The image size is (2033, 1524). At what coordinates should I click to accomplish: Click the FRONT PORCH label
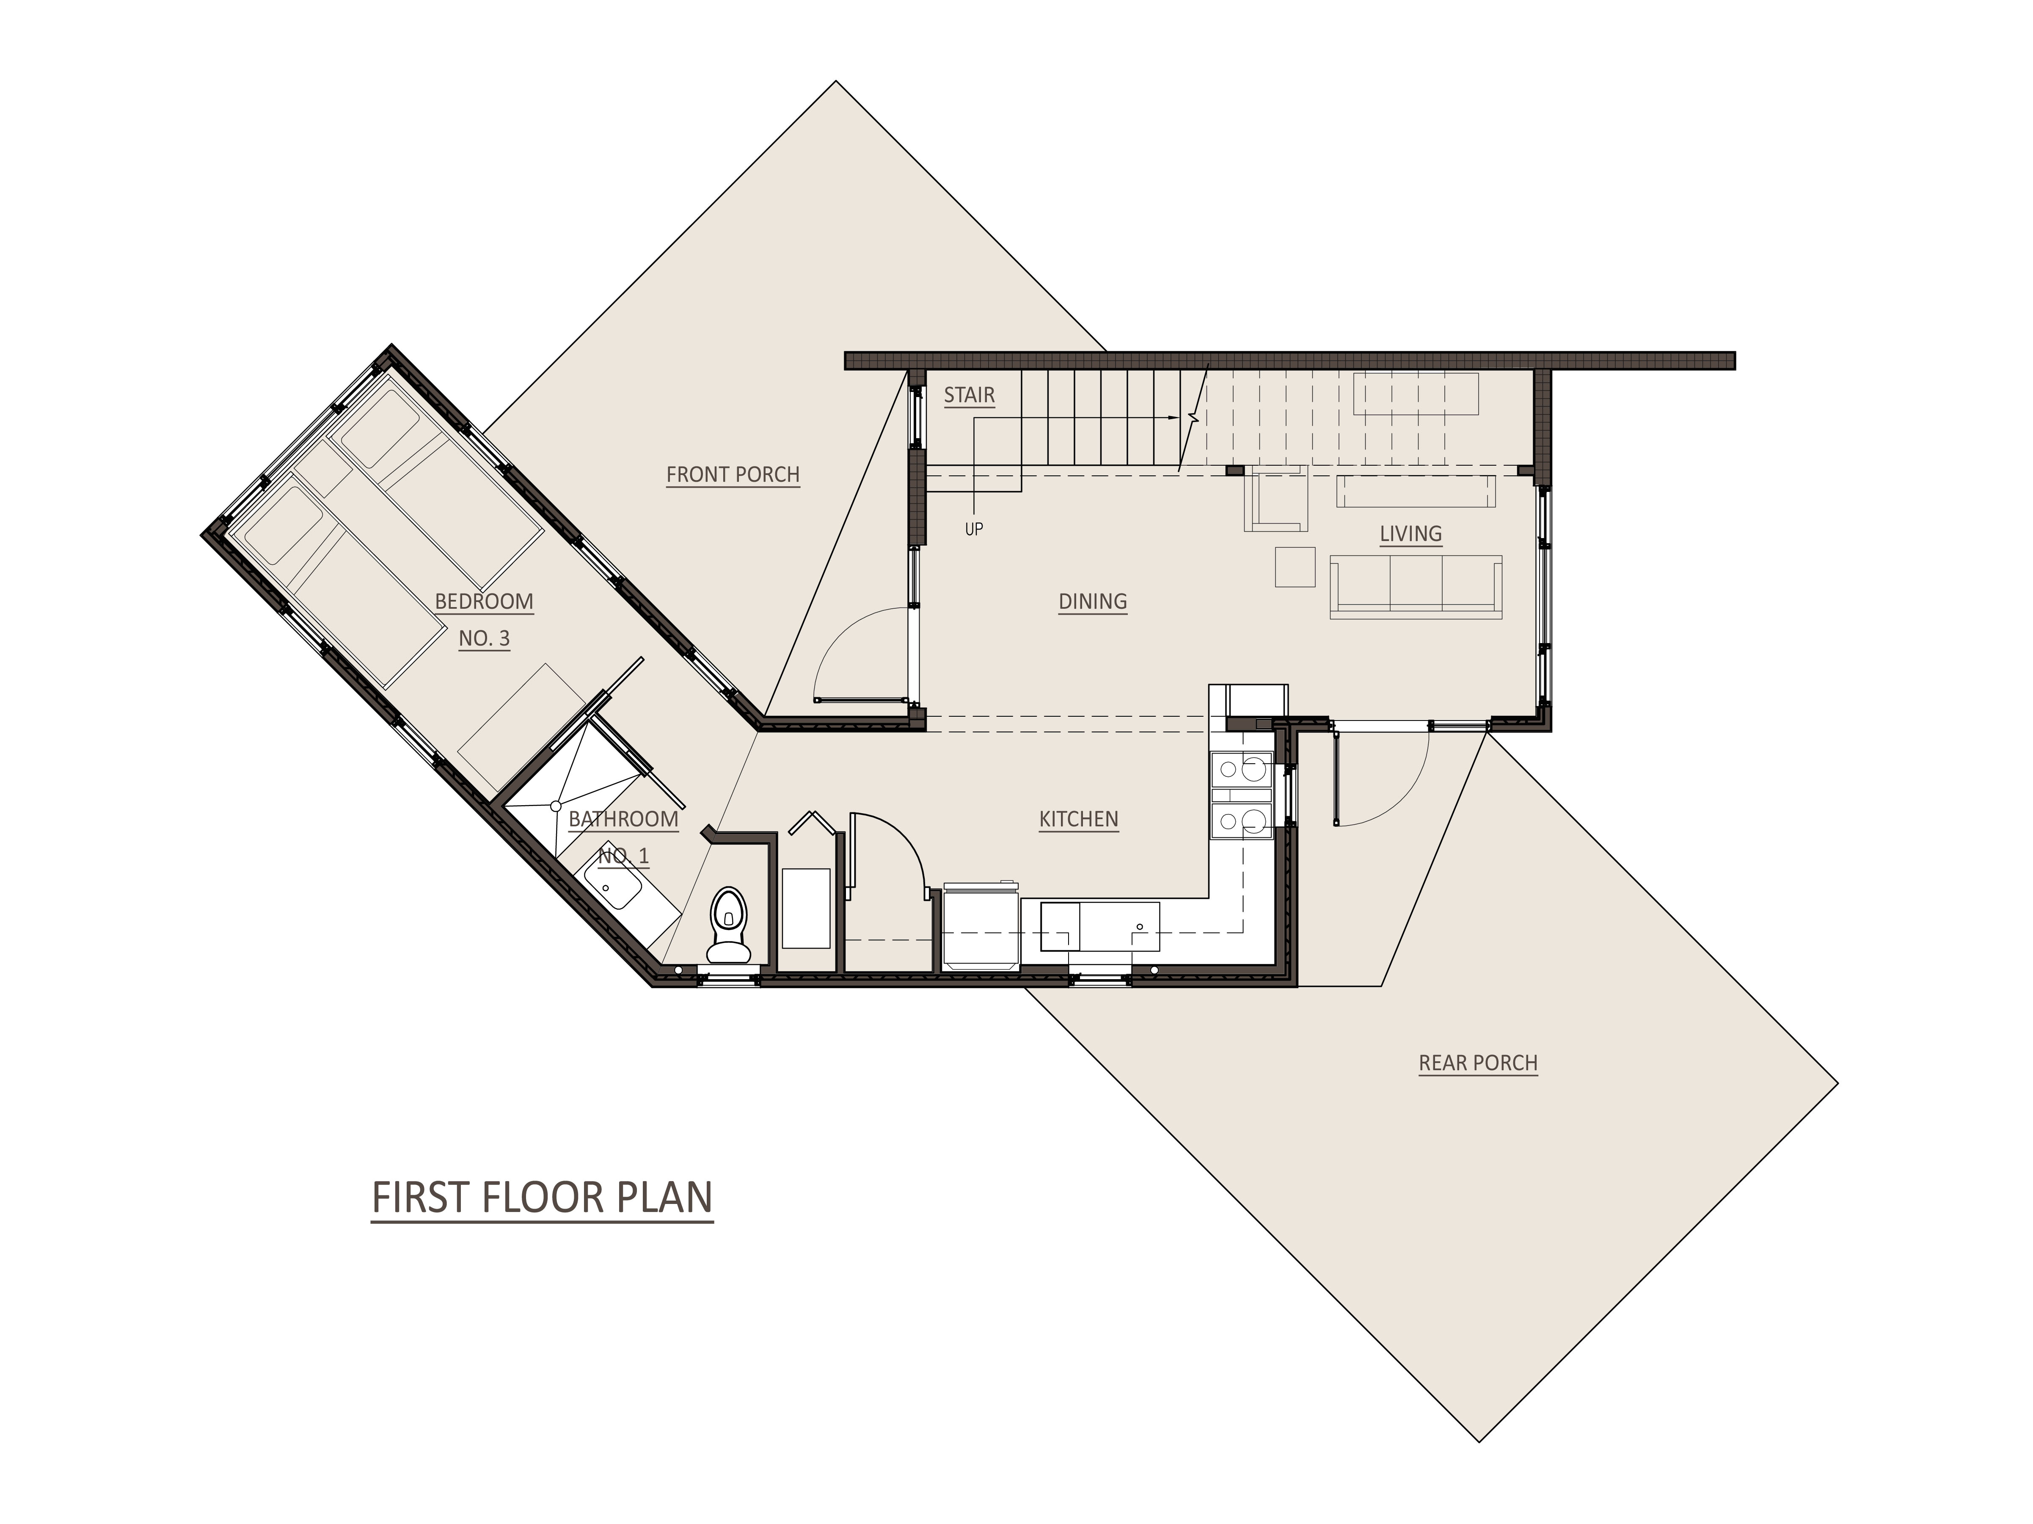[x=733, y=474]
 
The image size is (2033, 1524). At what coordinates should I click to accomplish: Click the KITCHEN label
[x=1078, y=819]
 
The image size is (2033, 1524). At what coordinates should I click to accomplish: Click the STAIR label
[x=969, y=395]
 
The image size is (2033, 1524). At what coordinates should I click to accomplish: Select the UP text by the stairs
[x=973, y=530]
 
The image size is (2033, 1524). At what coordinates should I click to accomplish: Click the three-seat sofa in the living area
[x=1416, y=585]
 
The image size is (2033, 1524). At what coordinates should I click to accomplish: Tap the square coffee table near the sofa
[x=1295, y=566]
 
